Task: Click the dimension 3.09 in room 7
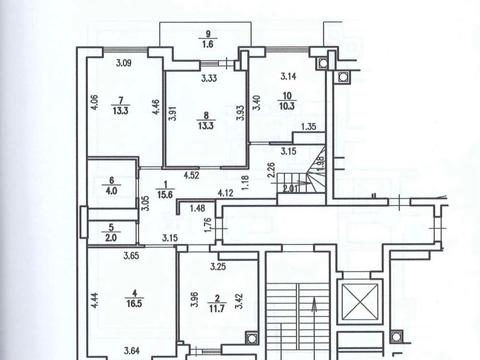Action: [124, 65]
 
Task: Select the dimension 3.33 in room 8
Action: [210, 78]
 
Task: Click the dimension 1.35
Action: [309, 127]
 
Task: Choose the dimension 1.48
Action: [198, 208]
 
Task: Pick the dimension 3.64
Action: [121, 349]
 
